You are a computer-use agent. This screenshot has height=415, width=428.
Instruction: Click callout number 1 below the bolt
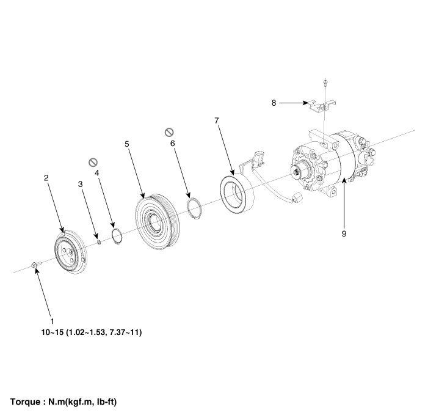pos(52,320)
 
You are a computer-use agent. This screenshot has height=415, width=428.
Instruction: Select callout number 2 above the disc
pos(46,178)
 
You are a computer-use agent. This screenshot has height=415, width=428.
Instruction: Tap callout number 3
pos(80,183)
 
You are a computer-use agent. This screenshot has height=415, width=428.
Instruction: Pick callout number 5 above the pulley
pos(126,144)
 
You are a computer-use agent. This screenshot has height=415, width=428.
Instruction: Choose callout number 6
pos(172,142)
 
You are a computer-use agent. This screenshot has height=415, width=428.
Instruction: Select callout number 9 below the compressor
pos(344,232)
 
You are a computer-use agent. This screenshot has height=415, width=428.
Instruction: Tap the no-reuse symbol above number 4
pos(93,162)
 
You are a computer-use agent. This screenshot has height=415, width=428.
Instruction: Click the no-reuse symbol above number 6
pos(170,132)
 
